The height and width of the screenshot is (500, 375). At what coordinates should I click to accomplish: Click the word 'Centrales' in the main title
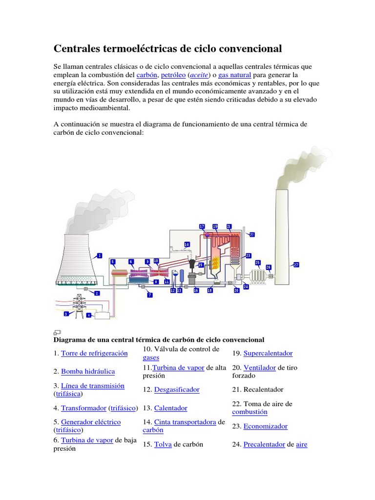(x=76, y=49)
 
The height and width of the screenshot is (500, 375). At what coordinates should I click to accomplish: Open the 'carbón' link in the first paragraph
(x=146, y=75)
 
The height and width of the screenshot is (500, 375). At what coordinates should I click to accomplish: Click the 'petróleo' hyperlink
(x=173, y=75)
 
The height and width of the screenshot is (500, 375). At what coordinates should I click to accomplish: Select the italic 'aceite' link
(x=199, y=75)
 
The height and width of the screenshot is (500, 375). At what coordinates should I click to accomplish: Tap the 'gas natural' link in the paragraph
(x=234, y=75)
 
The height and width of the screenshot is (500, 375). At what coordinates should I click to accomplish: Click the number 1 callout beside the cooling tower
(x=100, y=255)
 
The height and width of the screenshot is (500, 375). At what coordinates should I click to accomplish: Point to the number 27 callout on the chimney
(x=296, y=265)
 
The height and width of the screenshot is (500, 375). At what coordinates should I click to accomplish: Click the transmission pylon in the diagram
(x=78, y=306)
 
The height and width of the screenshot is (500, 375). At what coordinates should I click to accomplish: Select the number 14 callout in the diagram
(x=187, y=244)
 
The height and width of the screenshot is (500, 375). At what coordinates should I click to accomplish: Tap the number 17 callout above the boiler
(x=202, y=227)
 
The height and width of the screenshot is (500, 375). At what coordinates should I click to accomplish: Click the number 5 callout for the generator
(x=113, y=262)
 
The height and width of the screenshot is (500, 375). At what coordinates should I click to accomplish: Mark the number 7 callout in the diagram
(x=150, y=295)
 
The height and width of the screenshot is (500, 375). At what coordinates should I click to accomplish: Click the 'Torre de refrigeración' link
(x=94, y=353)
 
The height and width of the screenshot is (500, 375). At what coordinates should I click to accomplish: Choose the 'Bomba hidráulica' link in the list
(x=88, y=372)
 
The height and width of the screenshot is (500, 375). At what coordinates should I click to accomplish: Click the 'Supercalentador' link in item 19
(x=268, y=353)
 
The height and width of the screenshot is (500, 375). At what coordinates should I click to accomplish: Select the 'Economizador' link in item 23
(x=265, y=426)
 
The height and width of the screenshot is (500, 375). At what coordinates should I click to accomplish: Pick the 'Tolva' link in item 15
(x=163, y=444)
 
